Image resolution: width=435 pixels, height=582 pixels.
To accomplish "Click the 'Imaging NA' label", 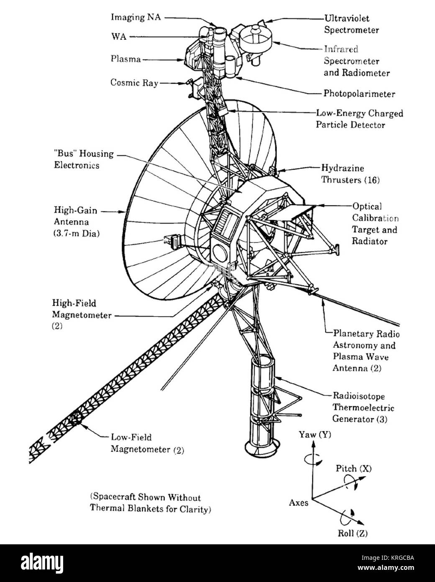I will [x=136, y=17].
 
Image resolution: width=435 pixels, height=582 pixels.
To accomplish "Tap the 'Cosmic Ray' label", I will [x=134, y=82].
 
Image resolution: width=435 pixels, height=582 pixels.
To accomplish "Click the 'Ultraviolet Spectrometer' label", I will [x=352, y=24].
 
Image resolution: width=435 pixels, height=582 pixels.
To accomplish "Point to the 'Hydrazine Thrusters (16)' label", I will [x=350, y=174].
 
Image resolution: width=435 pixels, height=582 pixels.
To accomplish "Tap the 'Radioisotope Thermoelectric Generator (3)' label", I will [x=363, y=407].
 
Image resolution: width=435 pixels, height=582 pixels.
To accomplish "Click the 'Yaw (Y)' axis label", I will [x=315, y=435].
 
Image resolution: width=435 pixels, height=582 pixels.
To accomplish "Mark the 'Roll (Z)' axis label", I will [x=353, y=533].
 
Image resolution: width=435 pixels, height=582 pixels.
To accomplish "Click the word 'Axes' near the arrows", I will [x=299, y=502].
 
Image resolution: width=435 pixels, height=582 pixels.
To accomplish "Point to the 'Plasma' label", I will [x=125, y=59].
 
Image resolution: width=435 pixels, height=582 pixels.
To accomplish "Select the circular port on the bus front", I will [x=220, y=252].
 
